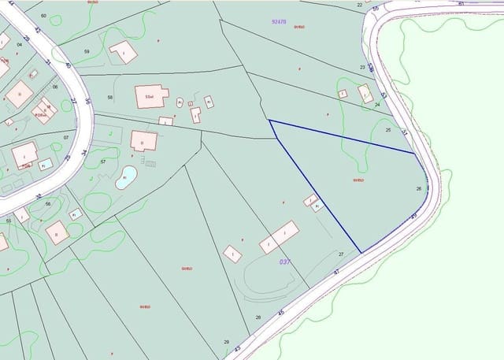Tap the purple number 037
285,262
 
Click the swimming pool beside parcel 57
126,177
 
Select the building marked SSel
151,96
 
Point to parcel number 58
110,97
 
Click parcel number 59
87,52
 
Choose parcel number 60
43,16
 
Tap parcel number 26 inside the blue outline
419,188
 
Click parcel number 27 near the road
341,254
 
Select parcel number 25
387,129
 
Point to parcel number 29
226,341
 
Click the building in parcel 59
123,52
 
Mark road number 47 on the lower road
336,272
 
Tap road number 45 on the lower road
280,313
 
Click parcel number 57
103,161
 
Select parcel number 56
48,204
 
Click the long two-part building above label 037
279,237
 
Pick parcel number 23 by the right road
362,68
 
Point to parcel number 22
359,5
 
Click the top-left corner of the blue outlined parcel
269,121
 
